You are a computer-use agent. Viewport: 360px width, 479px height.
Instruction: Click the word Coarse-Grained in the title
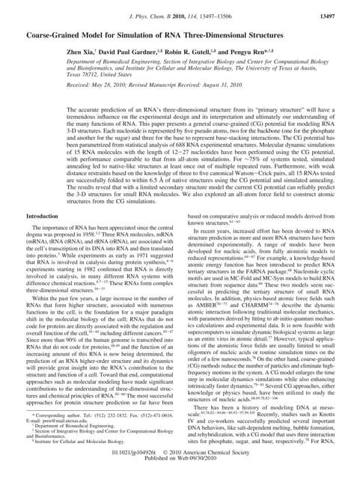tap(59, 35)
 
